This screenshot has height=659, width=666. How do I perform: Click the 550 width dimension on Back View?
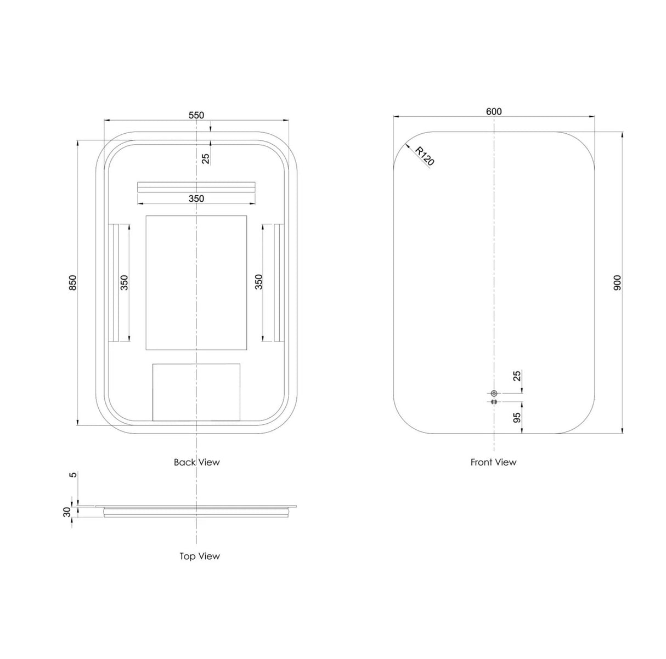pos(196,115)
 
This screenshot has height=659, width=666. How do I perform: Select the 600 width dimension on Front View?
pos(494,111)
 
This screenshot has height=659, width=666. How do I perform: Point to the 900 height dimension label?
pos(617,282)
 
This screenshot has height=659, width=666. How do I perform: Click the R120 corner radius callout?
pos(425,156)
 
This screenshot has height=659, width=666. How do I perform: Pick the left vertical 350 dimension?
pos(124,282)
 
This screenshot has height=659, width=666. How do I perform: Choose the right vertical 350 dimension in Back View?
pos(259,282)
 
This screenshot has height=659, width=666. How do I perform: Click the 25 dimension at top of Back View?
pos(206,158)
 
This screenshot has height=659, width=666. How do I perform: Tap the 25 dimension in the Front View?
pos(516,376)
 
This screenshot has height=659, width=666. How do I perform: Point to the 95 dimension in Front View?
pos(516,418)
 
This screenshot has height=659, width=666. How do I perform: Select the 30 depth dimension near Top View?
pos(67,512)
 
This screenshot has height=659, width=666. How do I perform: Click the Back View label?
pos(196,462)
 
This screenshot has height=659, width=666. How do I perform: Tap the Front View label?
pos(493,462)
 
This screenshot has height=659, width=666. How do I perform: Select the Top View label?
pos(200,556)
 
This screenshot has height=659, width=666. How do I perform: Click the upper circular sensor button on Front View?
pos(494,393)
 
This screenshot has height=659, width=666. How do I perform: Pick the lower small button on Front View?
pos(494,402)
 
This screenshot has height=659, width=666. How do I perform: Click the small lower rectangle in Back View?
pos(196,391)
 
